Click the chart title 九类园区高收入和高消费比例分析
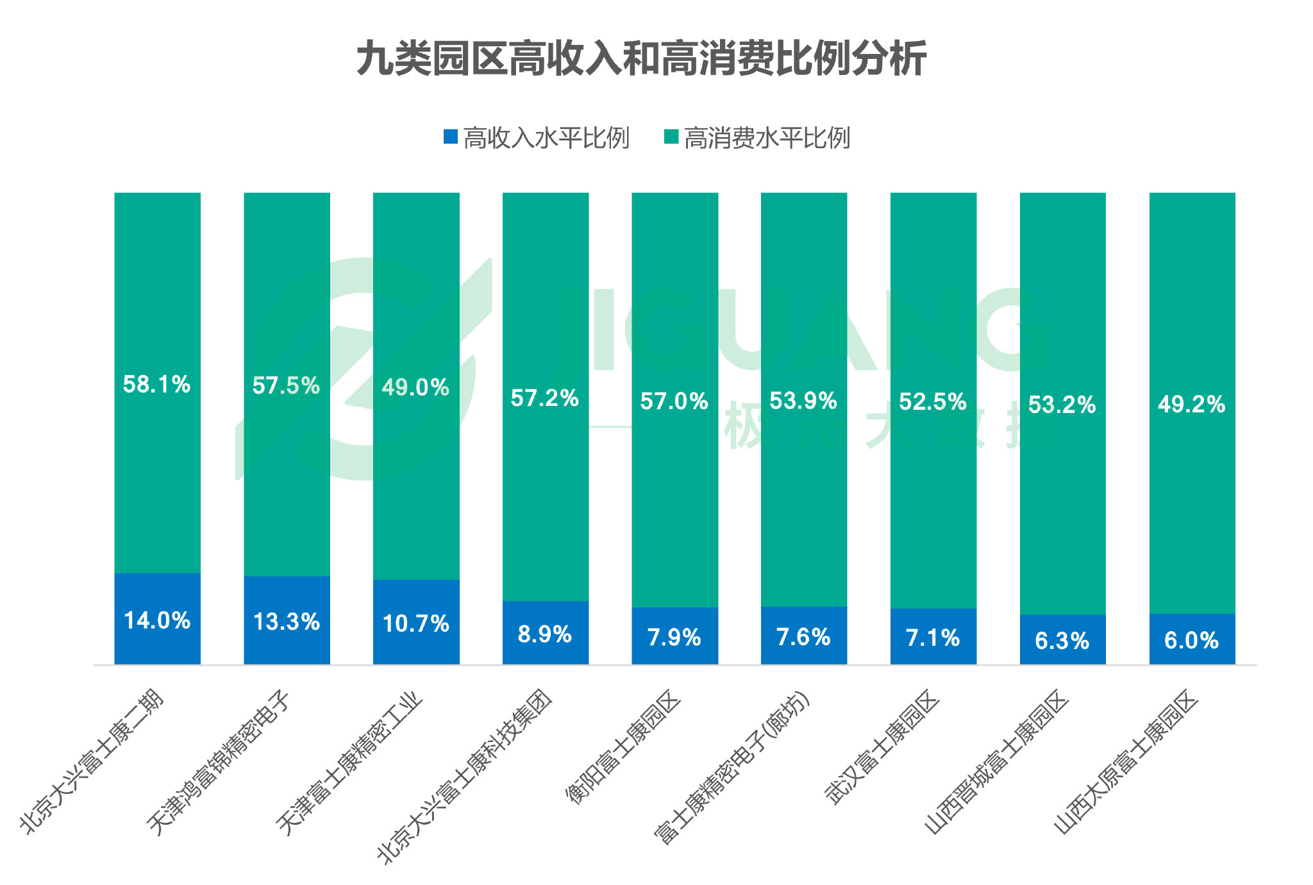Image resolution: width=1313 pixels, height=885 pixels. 641,58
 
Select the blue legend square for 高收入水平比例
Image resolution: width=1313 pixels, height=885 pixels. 451,137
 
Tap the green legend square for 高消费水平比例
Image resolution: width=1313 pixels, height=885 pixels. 671,137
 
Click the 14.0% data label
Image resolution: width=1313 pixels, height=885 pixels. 157,621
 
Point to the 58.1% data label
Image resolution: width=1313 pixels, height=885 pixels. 157,385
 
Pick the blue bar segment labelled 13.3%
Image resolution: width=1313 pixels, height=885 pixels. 287,620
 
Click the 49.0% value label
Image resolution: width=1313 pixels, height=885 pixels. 415,387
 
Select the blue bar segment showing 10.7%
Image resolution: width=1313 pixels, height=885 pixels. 416,622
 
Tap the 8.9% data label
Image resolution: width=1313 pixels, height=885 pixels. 545,634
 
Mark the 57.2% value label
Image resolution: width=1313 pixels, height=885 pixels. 545,398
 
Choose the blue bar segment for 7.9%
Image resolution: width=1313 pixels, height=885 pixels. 674,636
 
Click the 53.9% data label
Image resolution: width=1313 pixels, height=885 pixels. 803,401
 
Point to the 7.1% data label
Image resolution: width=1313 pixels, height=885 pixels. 933,638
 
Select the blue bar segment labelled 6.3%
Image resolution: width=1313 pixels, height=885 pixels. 1062,639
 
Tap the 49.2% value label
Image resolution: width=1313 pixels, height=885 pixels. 1192,405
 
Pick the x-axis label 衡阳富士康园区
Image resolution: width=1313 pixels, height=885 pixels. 623,746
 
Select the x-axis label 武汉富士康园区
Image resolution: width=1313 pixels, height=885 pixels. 882,746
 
